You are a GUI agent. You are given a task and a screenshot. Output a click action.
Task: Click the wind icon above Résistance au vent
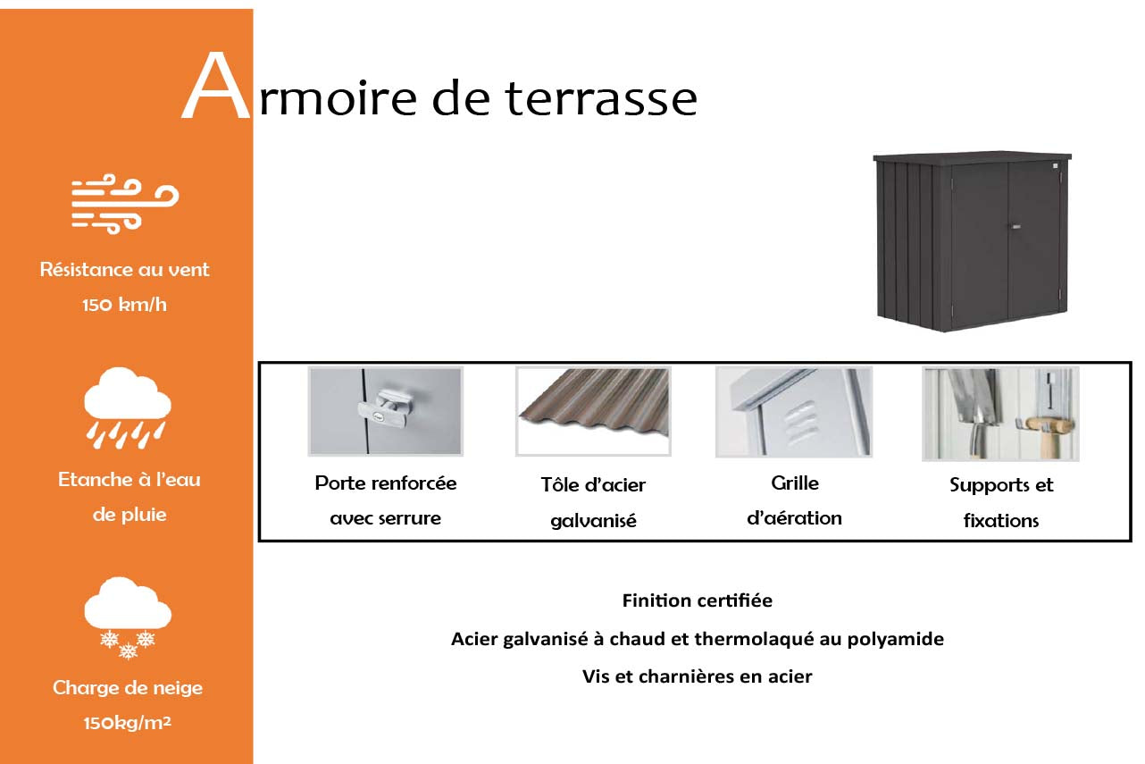pyautogui.click(x=125, y=204)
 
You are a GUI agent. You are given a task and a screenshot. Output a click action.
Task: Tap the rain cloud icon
pyautogui.click(x=128, y=408)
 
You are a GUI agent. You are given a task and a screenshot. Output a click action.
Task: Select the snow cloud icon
pyautogui.click(x=128, y=617)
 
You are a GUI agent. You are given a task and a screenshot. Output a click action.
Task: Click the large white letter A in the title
pyautogui.click(x=216, y=86)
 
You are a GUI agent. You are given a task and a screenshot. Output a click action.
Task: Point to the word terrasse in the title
pyautogui.click(x=601, y=99)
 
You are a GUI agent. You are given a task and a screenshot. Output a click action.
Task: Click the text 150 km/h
pyautogui.click(x=124, y=305)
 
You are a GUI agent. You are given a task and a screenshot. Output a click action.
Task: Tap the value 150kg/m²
pyautogui.click(x=128, y=723)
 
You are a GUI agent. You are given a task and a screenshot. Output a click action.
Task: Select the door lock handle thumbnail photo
pyautogui.click(x=386, y=411)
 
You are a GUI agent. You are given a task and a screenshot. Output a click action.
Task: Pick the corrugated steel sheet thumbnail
pyautogui.click(x=593, y=411)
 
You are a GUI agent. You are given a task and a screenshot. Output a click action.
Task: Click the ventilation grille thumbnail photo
pyautogui.click(x=794, y=412)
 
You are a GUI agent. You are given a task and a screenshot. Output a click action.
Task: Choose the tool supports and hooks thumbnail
pyautogui.click(x=1000, y=414)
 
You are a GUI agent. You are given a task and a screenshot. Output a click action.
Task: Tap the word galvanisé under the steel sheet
pyautogui.click(x=593, y=521)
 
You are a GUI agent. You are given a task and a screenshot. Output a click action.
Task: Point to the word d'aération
pyautogui.click(x=794, y=517)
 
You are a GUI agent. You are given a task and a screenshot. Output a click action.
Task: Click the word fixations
pyautogui.click(x=1001, y=521)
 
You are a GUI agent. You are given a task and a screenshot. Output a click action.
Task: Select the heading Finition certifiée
pyautogui.click(x=698, y=600)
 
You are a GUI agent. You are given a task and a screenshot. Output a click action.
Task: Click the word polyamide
pyautogui.click(x=896, y=640)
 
